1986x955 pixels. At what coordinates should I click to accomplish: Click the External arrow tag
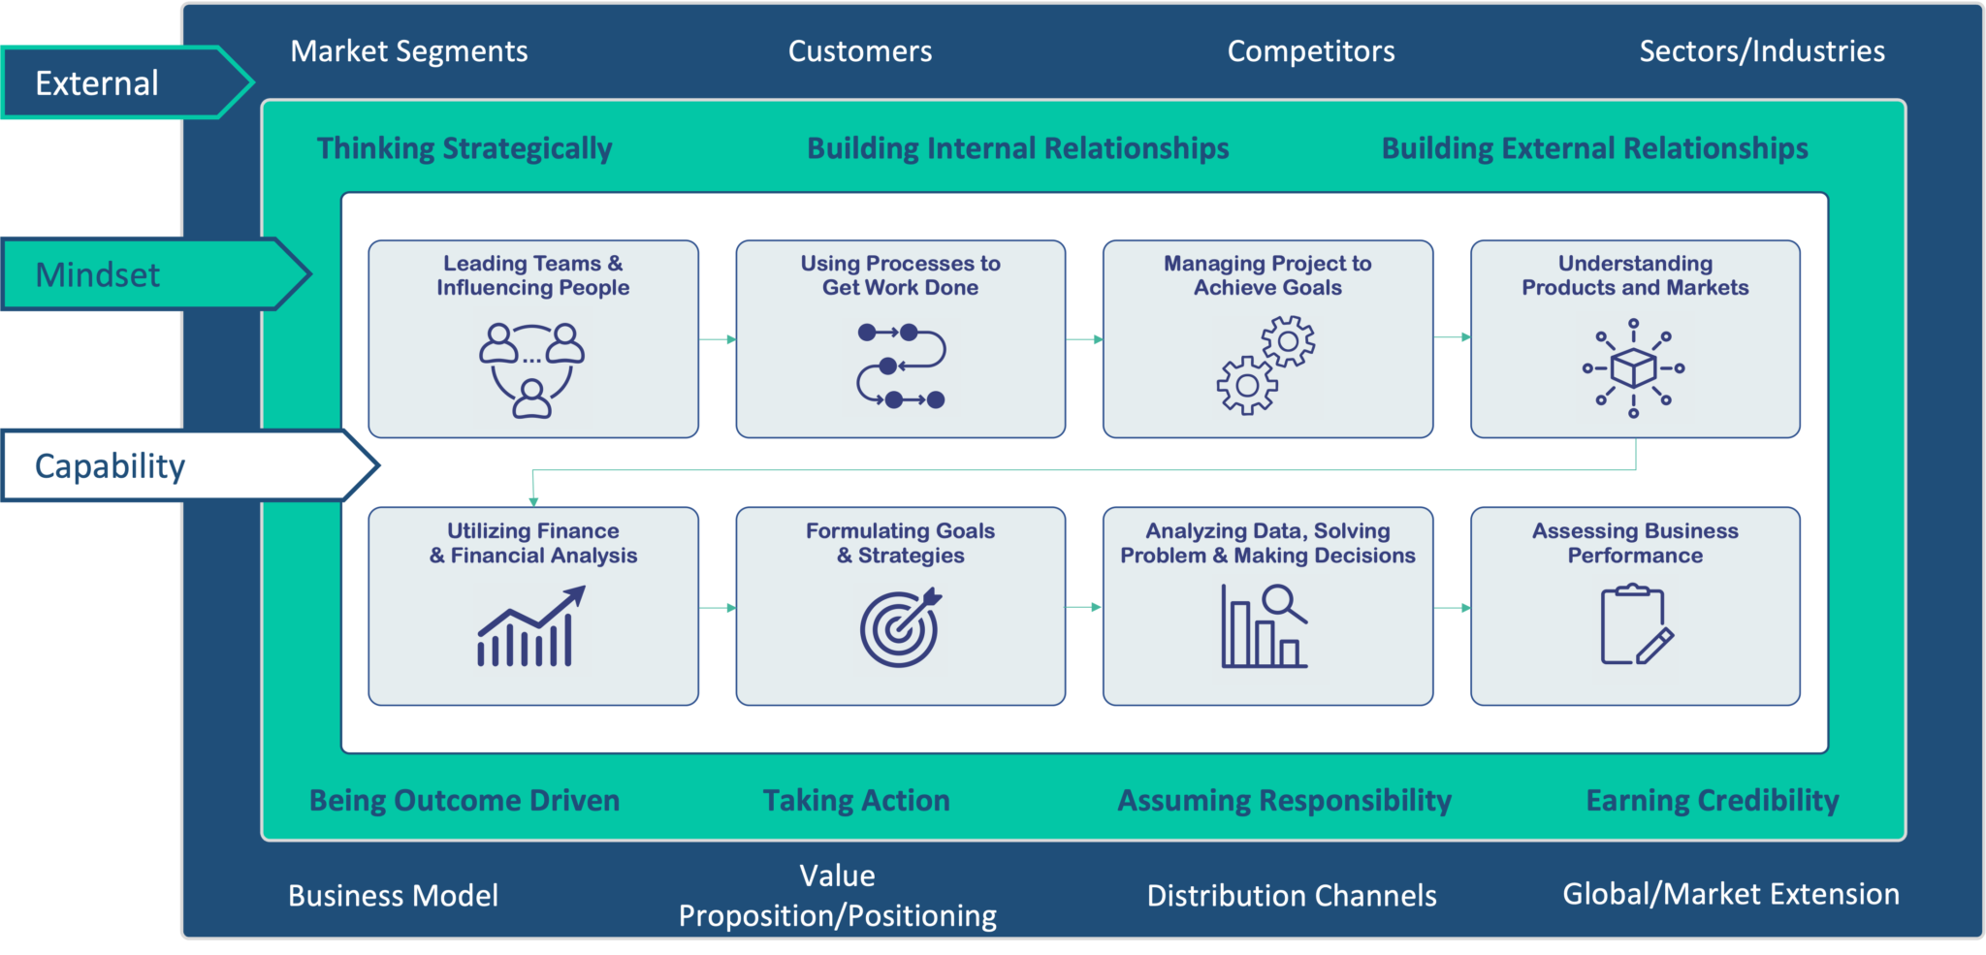[126, 82]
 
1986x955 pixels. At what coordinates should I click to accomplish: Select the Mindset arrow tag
[155, 274]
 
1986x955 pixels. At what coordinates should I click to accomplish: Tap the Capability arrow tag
[189, 465]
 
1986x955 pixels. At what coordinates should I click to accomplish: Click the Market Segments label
[409, 51]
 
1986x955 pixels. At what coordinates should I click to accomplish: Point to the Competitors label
[1311, 51]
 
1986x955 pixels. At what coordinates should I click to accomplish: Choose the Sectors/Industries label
[1762, 51]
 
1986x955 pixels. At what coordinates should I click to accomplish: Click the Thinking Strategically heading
[464, 148]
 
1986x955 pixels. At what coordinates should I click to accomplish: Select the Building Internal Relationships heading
[1018, 148]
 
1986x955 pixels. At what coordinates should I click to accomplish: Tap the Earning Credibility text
[1713, 801]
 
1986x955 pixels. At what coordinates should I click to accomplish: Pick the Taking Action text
[856, 801]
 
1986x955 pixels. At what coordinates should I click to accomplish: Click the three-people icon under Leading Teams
[532, 369]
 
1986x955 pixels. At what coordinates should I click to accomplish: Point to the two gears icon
[1266, 366]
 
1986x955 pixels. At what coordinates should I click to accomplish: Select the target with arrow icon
[901, 627]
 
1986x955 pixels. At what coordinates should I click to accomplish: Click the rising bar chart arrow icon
[531, 626]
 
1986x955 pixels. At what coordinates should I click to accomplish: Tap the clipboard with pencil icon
[1636, 624]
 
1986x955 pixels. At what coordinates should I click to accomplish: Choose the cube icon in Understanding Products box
[1633, 368]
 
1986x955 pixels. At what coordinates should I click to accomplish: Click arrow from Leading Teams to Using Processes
[718, 339]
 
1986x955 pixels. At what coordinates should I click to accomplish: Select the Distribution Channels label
[1292, 896]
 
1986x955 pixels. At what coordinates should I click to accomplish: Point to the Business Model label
[393, 896]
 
